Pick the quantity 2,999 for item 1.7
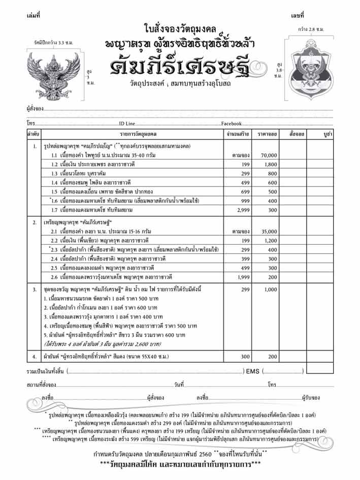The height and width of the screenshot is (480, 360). (x=245, y=209)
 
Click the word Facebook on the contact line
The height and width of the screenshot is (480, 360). (x=231, y=123)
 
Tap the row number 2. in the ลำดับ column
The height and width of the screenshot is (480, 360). (x=34, y=222)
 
